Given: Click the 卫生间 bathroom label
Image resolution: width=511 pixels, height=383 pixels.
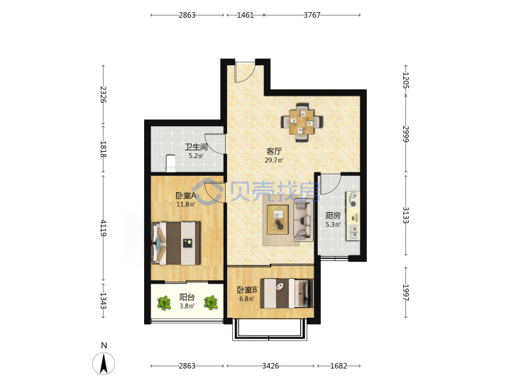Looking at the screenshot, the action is pos(196,147).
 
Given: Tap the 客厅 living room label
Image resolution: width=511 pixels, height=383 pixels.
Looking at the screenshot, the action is pos(274,151).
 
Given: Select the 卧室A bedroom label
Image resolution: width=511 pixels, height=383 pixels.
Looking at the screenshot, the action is pos(185,196).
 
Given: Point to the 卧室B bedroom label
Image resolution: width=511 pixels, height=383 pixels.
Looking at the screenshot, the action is pos(247,289).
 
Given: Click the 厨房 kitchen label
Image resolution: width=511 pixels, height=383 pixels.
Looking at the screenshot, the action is pos(333,216).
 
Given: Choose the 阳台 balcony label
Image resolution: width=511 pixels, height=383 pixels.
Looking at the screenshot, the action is pos(187,297).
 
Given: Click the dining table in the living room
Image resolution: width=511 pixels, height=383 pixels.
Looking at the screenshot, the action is pos(302,122).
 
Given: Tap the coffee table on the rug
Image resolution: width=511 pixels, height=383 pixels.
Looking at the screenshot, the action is pos(278,219).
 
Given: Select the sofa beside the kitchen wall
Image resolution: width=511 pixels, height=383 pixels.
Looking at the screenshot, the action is pos(303,221).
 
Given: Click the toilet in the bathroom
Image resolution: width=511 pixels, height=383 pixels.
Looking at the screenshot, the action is pos(171,163).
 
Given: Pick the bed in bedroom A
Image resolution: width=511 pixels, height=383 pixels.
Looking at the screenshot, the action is pos(176,243).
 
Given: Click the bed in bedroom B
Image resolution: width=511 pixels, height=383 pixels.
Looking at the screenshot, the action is pos(287,293).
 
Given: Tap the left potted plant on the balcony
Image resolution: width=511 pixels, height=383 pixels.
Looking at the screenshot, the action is pos(164,303).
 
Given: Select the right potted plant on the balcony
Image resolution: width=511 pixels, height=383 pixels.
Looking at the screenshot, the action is pos(211,303).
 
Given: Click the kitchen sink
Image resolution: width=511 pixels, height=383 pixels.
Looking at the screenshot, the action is pos(353,231).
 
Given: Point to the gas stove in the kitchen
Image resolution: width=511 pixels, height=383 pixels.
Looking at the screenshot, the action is pos(353,199).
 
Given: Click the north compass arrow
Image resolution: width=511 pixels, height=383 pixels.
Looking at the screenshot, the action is pos(104,363).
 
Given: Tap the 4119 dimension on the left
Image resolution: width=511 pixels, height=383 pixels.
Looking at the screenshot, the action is pos(104,228).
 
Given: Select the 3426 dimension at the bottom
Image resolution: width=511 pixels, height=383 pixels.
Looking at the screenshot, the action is pos(270,366).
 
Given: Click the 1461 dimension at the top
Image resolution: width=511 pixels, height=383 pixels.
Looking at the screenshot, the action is pos(246,15).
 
